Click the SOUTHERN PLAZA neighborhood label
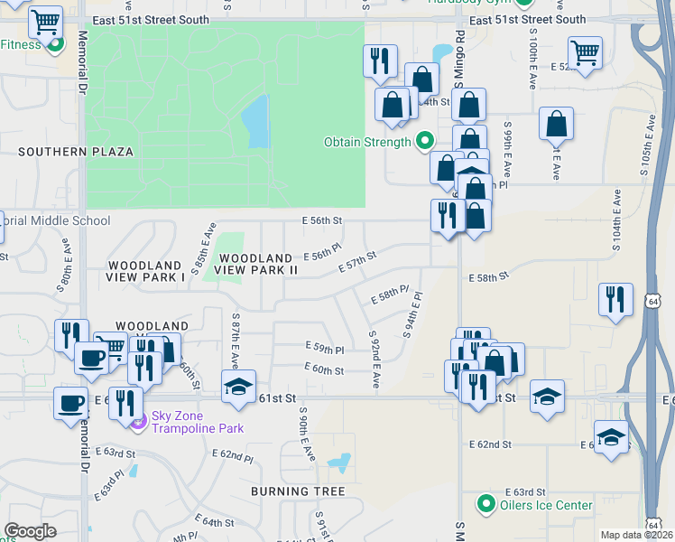(x=76, y=152)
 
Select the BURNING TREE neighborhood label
(x=298, y=491)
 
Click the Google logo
(x=30, y=531)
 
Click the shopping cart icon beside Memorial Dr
(x=44, y=21)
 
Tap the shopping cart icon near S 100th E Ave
(x=585, y=53)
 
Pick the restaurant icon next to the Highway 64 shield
(x=615, y=298)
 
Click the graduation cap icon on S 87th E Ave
(x=238, y=387)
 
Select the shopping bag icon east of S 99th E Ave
(x=556, y=123)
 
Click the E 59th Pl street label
(x=325, y=348)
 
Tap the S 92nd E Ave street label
(x=374, y=360)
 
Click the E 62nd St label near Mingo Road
(x=490, y=444)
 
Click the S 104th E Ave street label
(x=615, y=221)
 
